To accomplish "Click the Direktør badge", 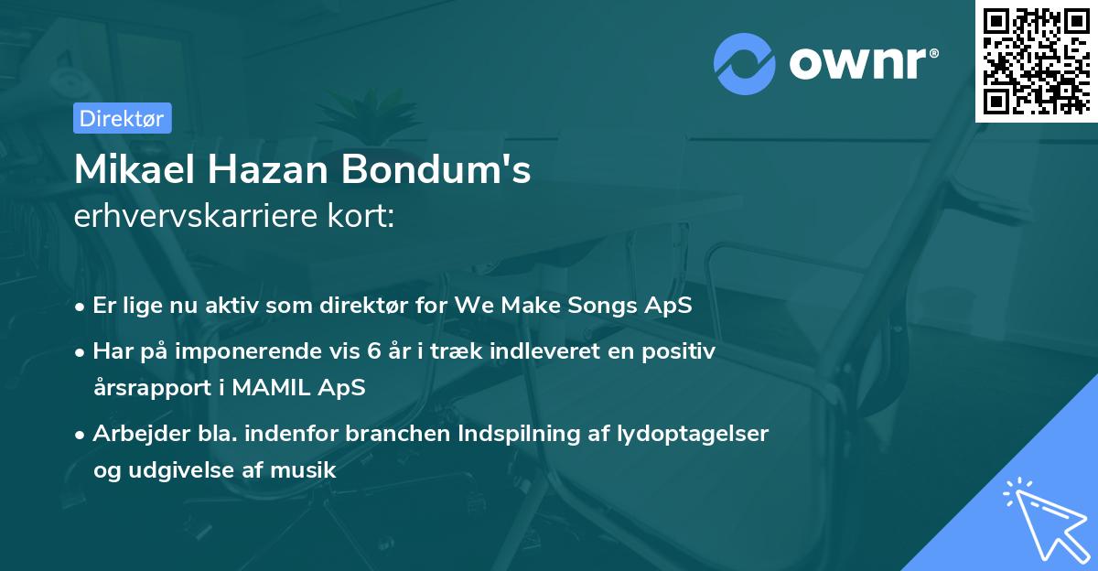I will (x=122, y=118).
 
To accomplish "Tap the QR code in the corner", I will (x=1036, y=60).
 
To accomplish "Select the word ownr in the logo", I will (x=861, y=63).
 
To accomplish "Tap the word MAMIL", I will (x=274, y=387).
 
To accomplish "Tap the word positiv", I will (x=683, y=350).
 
